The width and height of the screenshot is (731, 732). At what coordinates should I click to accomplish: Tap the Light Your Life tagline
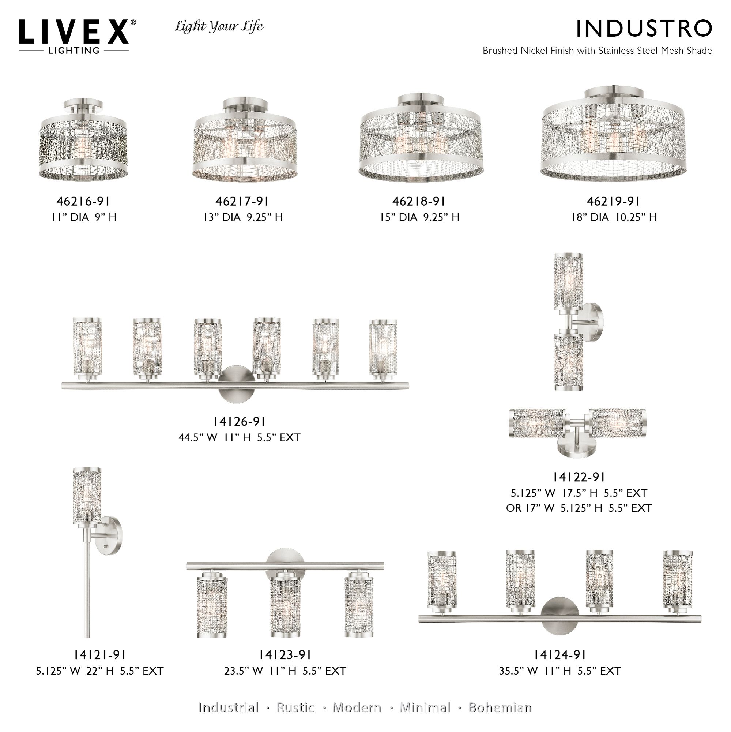click(x=219, y=26)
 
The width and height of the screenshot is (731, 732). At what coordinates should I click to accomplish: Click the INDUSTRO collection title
click(x=644, y=29)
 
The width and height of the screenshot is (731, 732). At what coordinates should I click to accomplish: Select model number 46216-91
click(x=84, y=201)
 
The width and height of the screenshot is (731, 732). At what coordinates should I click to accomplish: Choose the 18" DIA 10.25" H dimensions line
click(x=614, y=217)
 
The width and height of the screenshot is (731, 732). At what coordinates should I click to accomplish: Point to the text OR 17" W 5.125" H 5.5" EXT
click(x=579, y=508)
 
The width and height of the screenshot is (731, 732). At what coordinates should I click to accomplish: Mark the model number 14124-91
click(x=559, y=655)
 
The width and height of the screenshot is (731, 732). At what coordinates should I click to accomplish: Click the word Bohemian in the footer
click(x=500, y=707)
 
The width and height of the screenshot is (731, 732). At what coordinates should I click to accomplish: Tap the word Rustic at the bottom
click(x=295, y=707)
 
